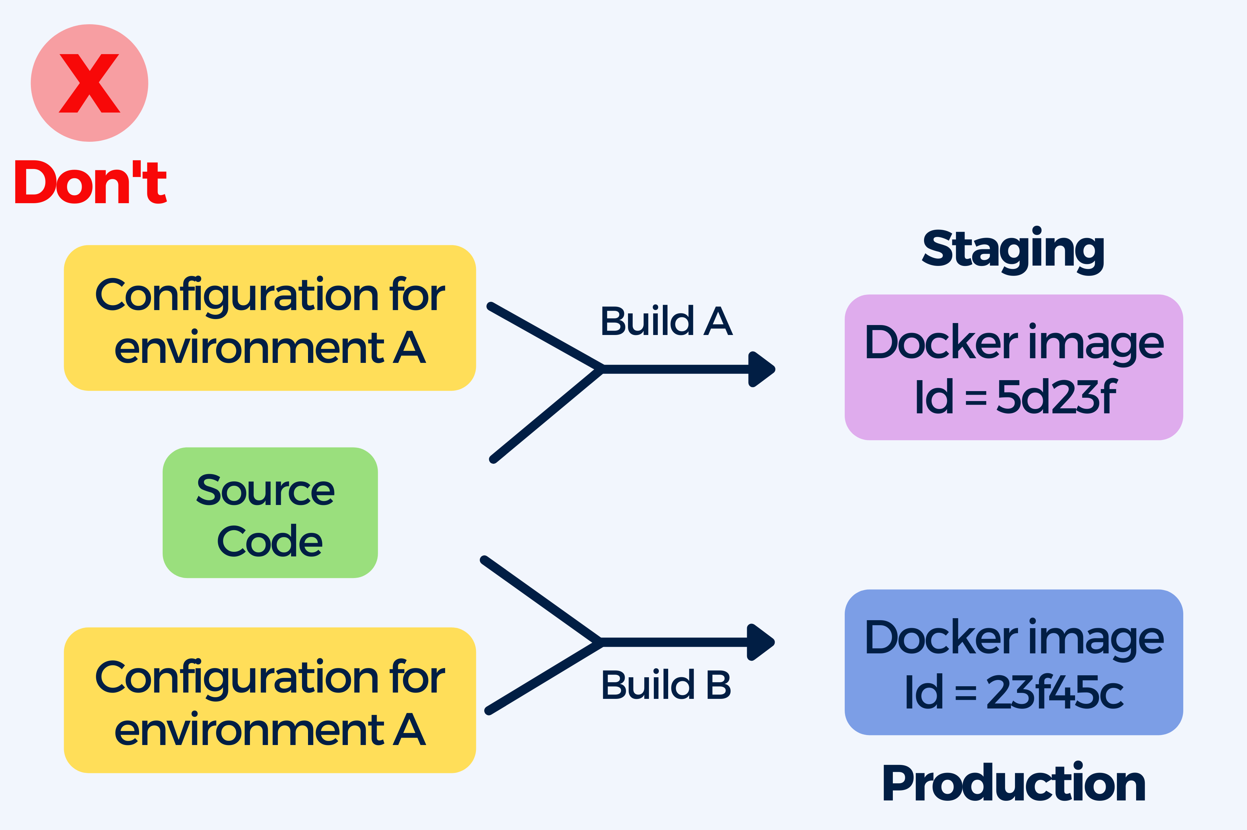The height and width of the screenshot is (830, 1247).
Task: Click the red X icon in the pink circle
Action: [89, 83]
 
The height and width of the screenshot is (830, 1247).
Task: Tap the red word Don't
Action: [91, 182]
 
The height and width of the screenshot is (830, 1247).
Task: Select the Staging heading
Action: [1013, 250]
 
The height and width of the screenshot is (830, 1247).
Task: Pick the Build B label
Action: [666, 685]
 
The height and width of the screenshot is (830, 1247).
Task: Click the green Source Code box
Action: [270, 512]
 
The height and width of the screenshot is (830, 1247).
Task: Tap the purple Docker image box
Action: [1014, 368]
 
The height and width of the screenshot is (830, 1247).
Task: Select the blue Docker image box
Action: [1014, 662]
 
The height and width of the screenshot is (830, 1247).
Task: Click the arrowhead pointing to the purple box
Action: [762, 369]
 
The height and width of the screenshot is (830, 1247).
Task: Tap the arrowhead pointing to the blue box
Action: [761, 642]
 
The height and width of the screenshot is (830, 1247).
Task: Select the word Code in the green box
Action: [270, 541]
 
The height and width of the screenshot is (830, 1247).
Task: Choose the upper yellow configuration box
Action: [270, 318]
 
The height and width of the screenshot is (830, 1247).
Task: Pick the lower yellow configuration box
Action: [270, 700]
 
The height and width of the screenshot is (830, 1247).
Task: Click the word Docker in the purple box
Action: [941, 342]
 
